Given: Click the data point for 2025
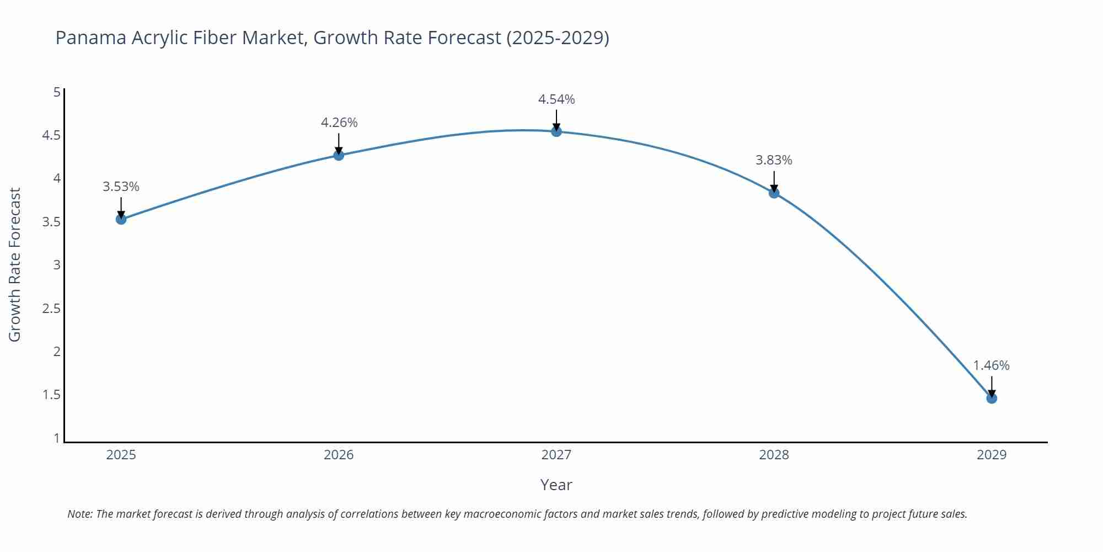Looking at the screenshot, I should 121,219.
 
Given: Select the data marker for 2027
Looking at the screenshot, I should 556,131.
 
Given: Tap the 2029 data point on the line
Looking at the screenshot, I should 992,398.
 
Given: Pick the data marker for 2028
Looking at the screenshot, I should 774,193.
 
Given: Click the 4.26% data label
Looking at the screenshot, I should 339,123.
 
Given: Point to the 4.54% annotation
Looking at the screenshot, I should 556,99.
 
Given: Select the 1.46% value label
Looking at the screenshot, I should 991,365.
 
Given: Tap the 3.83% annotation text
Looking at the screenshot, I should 774,160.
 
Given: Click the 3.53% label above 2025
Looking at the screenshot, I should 121,187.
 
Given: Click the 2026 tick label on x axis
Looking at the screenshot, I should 339,455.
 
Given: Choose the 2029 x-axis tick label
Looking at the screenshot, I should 992,455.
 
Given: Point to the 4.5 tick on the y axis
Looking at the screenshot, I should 51,135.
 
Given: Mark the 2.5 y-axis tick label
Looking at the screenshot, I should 51,308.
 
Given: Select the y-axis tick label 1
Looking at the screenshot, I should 57,438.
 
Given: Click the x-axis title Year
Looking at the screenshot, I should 556,485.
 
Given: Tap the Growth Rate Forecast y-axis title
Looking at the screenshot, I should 15,264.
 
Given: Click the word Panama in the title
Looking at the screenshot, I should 91,38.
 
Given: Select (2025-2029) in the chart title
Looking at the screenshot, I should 558,38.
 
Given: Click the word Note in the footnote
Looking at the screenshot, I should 79,514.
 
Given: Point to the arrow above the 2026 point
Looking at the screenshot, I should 339,142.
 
